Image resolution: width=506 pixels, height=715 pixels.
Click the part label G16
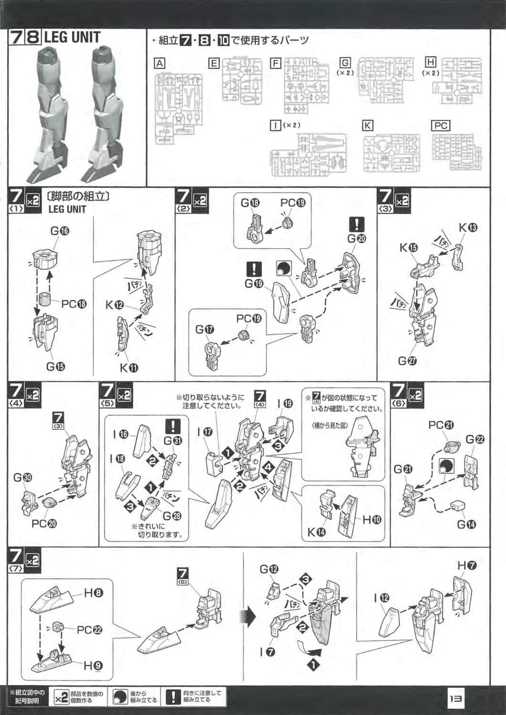60,231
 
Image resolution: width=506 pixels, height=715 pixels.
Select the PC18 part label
74,304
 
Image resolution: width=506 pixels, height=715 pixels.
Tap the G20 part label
357,239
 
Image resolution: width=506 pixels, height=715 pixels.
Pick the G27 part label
407,361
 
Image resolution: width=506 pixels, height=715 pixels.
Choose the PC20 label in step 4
44,523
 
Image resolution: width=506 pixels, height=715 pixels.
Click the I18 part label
119,459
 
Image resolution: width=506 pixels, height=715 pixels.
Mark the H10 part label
372,520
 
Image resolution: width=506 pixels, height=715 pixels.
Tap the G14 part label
466,524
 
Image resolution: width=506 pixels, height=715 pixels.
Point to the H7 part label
467,565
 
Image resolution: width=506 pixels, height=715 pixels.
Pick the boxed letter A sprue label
160,63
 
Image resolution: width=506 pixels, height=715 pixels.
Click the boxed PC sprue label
440,125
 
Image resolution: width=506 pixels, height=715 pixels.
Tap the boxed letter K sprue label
367,125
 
